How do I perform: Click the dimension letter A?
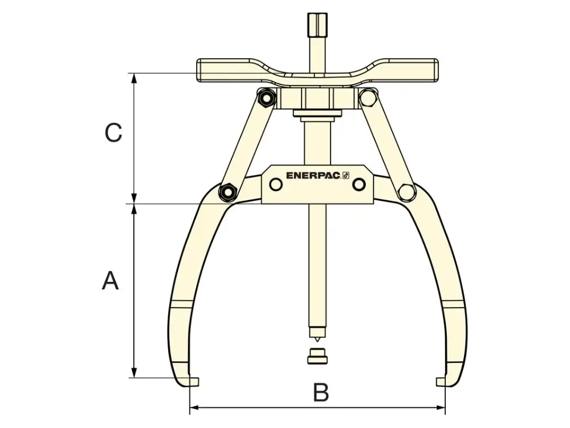[110, 280]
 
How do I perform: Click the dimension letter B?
[320, 393]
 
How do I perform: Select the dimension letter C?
[113, 132]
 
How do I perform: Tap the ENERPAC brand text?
[313, 176]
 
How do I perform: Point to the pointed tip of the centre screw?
[317, 341]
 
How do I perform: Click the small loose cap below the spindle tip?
[317, 356]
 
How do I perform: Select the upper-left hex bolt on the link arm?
[266, 98]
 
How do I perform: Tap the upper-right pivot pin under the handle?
[368, 98]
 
